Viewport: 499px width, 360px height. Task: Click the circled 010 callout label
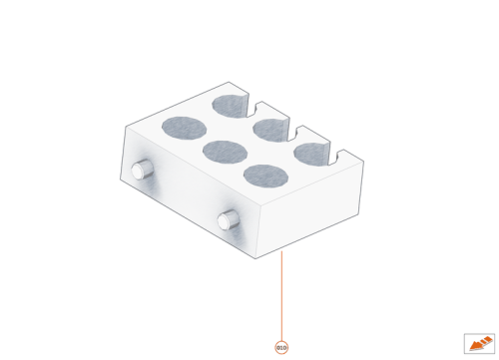click(280, 346)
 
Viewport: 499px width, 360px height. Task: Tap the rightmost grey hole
click(312, 152)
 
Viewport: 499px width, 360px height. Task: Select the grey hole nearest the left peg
click(183, 128)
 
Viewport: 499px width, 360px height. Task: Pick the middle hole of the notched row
click(270, 128)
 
